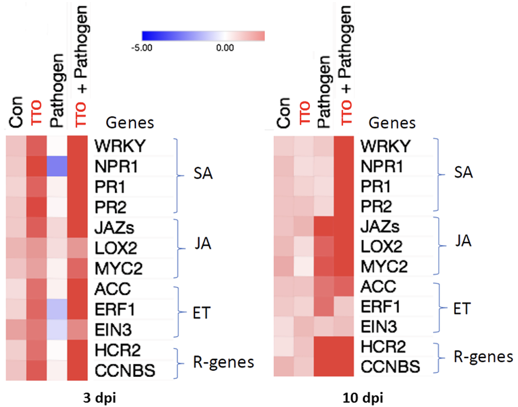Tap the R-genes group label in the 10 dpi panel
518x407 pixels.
click(483, 357)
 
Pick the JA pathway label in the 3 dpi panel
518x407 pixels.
click(204, 244)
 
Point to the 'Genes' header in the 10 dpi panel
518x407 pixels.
click(392, 123)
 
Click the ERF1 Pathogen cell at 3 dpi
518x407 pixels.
click(57, 307)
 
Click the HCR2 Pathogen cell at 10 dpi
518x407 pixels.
click(325, 347)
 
